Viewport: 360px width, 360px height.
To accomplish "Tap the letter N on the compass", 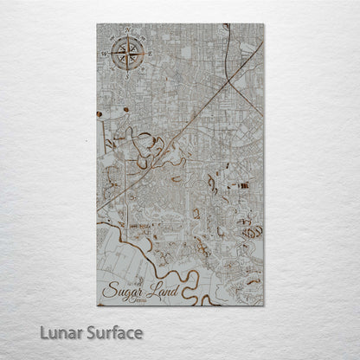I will pos(129,31).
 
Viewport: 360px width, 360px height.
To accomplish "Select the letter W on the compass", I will pos(105,54).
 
